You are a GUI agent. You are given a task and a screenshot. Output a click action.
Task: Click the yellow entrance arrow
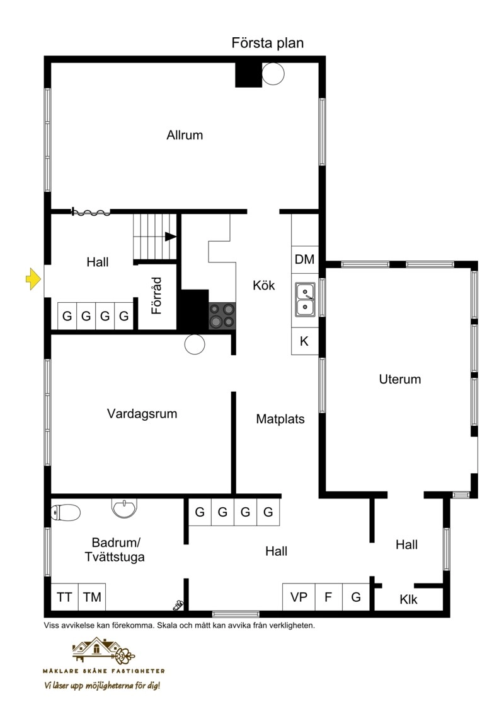(x=33, y=279)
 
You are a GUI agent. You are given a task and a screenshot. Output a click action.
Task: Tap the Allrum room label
(x=185, y=135)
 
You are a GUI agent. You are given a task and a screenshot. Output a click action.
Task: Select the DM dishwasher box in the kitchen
(x=305, y=259)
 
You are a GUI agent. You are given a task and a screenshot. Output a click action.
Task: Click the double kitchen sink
(x=306, y=300)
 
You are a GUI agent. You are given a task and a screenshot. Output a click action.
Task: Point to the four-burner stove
(x=222, y=315)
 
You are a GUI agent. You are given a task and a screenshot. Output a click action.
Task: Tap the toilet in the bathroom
(x=66, y=513)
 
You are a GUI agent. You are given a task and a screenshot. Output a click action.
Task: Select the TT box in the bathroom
(x=64, y=597)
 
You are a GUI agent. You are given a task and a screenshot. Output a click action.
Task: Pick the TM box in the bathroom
(x=92, y=597)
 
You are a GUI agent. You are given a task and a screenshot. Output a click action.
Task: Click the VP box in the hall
(x=299, y=597)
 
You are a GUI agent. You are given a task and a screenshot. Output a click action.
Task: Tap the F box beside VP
(x=328, y=597)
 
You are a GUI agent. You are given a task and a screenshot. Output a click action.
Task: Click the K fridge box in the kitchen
(x=305, y=341)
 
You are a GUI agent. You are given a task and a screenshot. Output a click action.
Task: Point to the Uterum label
(x=399, y=379)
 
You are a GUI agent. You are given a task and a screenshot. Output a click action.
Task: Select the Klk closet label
(x=408, y=599)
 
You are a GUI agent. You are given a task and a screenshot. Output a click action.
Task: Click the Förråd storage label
(x=157, y=296)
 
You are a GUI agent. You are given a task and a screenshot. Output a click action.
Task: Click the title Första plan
(x=268, y=43)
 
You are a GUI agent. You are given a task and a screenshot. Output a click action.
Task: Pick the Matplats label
(x=280, y=420)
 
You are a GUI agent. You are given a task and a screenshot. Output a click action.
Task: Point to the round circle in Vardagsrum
(x=195, y=344)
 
